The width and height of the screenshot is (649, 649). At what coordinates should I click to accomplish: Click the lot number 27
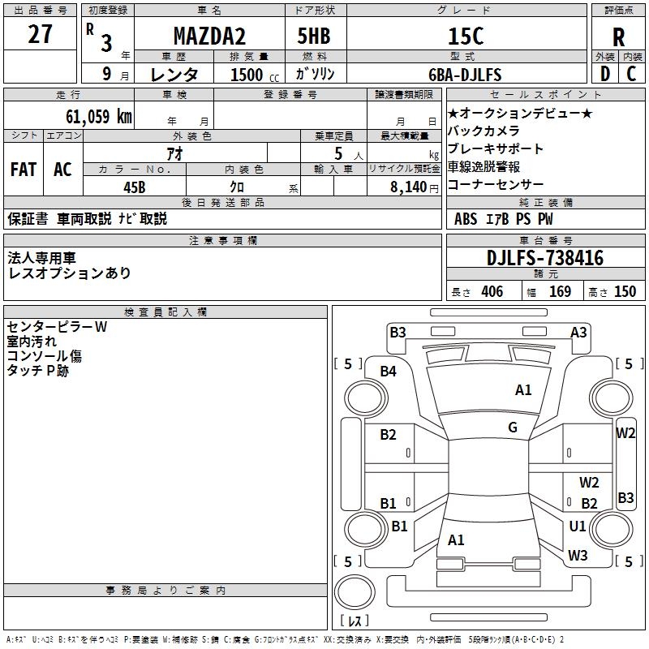tap(40, 34)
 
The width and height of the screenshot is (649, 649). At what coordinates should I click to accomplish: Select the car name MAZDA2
tap(209, 36)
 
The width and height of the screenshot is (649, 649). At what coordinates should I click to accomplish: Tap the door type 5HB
tap(314, 36)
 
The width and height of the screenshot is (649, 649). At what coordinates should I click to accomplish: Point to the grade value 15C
tap(466, 36)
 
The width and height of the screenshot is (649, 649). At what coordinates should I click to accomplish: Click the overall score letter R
tap(618, 37)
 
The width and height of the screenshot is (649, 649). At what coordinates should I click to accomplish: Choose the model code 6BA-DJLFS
tap(465, 75)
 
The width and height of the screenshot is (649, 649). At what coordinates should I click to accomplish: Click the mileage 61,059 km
tap(99, 117)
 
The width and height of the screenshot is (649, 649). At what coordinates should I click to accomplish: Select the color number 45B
tap(135, 187)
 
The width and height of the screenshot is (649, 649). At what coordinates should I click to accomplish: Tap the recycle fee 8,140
tap(409, 187)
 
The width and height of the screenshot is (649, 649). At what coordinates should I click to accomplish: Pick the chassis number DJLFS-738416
tap(545, 258)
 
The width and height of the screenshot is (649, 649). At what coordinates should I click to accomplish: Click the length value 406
tap(492, 291)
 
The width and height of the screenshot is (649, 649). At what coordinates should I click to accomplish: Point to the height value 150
tap(625, 291)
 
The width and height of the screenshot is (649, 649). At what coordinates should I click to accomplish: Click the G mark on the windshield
tap(513, 428)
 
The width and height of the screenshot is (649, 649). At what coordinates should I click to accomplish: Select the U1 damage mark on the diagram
tap(578, 526)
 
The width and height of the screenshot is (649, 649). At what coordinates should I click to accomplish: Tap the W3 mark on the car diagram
tap(578, 555)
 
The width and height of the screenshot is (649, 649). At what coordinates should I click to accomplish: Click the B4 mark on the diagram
tap(389, 372)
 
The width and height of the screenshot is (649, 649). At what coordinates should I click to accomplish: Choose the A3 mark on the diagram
tap(578, 333)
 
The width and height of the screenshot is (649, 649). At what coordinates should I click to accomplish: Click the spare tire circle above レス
tap(355, 592)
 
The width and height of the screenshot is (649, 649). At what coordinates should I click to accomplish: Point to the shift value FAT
tap(24, 170)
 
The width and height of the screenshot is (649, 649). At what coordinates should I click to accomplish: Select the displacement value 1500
tap(247, 75)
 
